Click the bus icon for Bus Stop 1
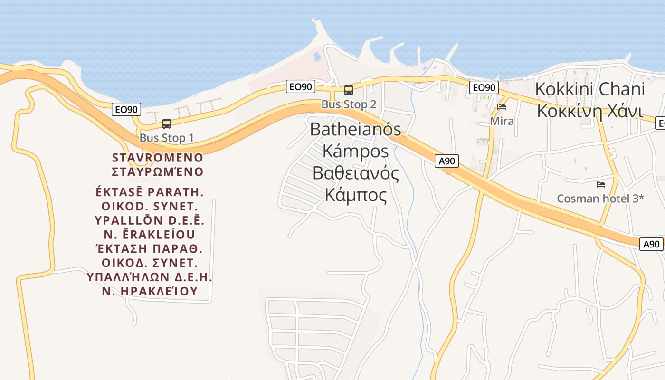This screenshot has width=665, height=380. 167,124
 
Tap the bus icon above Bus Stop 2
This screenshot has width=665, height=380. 349,90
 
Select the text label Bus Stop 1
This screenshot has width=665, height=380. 167,138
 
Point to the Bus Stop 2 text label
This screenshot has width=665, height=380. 349,104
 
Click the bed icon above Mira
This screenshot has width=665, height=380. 502,107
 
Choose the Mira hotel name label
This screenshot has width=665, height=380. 502,121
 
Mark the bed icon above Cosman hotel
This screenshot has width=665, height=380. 601,184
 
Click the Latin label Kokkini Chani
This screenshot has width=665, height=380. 590,89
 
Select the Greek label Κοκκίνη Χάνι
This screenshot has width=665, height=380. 590,112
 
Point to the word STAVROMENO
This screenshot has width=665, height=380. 158,157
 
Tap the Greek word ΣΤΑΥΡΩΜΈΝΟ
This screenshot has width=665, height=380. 158,171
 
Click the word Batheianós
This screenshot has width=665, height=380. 355,129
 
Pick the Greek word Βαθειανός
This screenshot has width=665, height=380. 355,173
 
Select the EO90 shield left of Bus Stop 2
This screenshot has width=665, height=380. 301,86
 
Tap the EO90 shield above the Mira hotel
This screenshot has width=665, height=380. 484,87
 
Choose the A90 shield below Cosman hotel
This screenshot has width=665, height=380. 651,244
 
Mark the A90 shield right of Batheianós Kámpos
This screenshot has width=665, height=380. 446,161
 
